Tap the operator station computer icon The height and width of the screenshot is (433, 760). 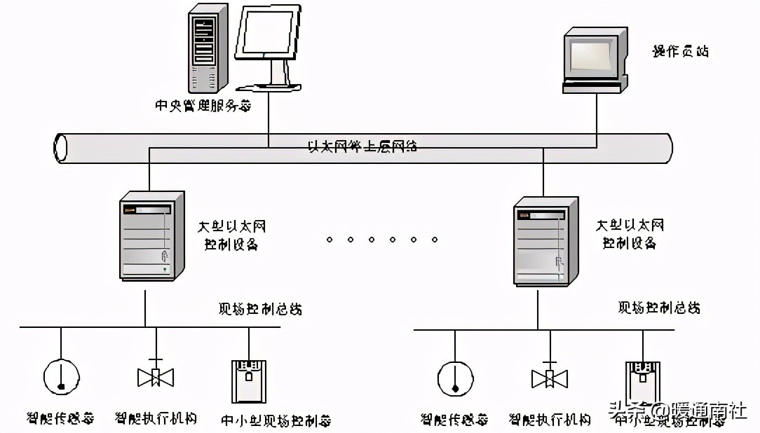point(594,60)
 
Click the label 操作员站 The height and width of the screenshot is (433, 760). point(680,51)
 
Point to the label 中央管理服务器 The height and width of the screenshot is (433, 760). point(202,106)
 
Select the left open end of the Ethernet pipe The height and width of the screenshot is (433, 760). point(61,147)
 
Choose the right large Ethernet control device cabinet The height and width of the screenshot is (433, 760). point(545,241)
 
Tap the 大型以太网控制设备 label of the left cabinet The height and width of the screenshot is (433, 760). point(231,235)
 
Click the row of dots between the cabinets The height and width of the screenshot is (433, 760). point(382,240)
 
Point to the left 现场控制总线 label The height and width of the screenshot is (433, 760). point(260,308)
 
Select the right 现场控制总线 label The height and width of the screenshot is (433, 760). point(658,308)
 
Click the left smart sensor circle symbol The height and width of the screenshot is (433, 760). point(61,377)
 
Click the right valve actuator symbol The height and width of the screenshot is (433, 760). point(549,377)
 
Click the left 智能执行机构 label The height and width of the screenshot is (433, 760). point(156,418)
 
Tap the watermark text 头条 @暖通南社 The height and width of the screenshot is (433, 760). point(677,410)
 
